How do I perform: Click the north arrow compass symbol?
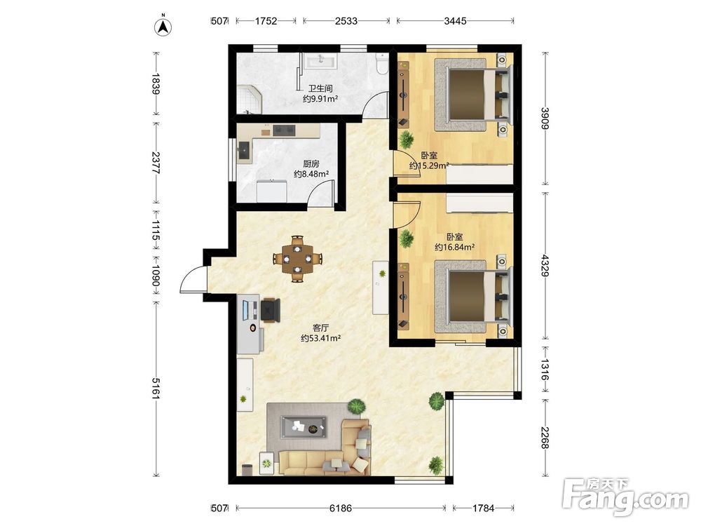point(163,26)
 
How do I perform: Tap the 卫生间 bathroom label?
point(320,88)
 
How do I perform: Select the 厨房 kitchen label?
point(311,163)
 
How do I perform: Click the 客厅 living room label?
point(321,328)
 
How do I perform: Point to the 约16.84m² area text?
point(455,247)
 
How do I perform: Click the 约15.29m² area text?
point(429,166)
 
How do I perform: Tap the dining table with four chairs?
point(298,259)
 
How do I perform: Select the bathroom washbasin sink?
point(320,61)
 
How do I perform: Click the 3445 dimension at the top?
point(455,20)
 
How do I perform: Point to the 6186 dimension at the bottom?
point(341,508)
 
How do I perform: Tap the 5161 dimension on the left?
point(156,389)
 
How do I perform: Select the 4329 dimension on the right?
point(545,265)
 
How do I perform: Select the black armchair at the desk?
point(271,310)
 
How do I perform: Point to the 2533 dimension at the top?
point(346,20)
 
